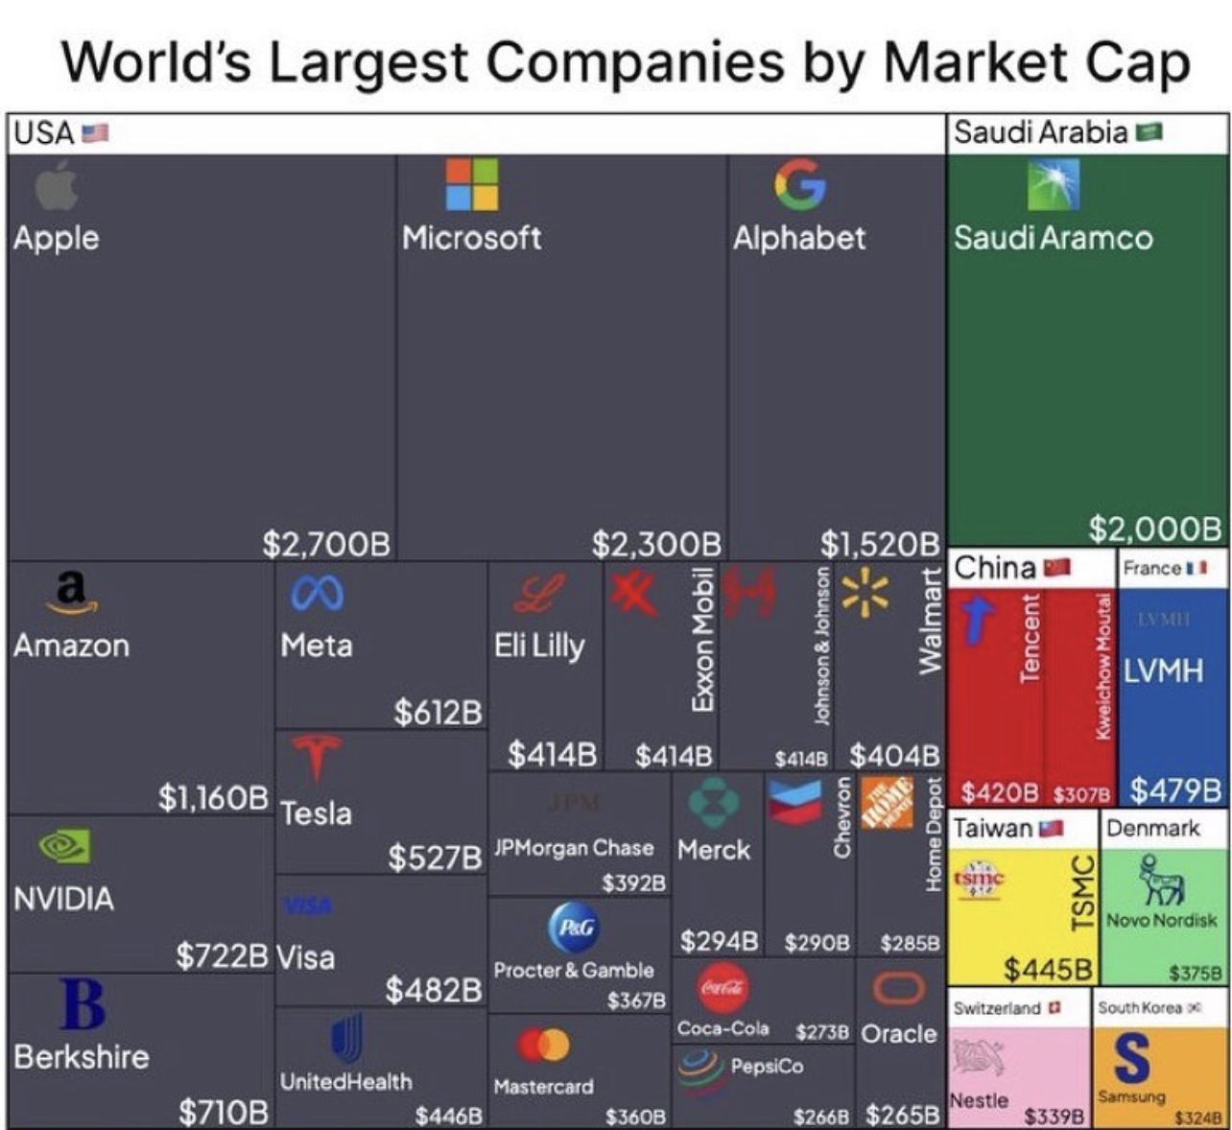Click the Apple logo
(57, 185)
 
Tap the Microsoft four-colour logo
(472, 184)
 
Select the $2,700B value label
(326, 544)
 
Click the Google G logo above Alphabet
(799, 184)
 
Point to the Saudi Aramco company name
(1053, 238)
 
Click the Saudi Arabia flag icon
(1149, 131)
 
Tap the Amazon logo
(71, 591)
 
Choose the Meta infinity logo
(317, 595)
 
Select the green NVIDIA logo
(64, 846)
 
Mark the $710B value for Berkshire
(224, 1112)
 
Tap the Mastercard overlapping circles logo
(543, 1045)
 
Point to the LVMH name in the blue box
(1162, 670)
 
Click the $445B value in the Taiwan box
(1047, 969)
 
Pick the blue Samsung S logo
(1132, 1056)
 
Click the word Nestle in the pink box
(979, 1100)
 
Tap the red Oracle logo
(898, 988)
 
